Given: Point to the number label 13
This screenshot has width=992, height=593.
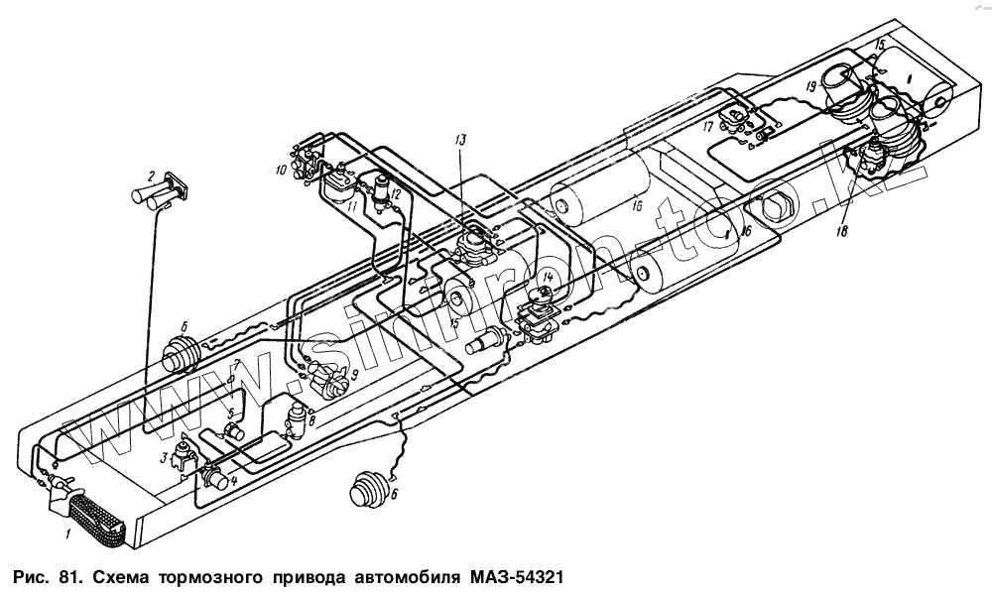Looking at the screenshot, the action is pyautogui.click(x=459, y=140).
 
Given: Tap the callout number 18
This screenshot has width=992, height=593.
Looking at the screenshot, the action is pyautogui.click(x=843, y=231).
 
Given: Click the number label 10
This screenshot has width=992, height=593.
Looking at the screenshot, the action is pyautogui.click(x=282, y=172).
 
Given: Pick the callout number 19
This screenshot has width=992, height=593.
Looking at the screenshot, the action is pyautogui.click(x=810, y=87).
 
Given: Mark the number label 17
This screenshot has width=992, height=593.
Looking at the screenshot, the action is pyautogui.click(x=708, y=127).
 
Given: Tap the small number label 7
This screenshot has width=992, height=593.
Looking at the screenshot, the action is pyautogui.click(x=236, y=365).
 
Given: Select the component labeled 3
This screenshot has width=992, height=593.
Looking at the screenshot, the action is pyautogui.click(x=186, y=458).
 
